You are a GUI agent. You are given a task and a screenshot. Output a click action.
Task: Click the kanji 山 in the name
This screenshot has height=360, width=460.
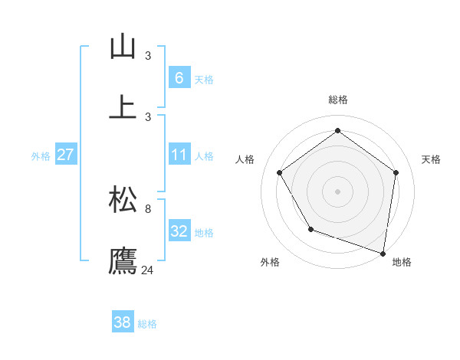(123, 47)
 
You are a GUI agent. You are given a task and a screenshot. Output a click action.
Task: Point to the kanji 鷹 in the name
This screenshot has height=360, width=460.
(123, 261)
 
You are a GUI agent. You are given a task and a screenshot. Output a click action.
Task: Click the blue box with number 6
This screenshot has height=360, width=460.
(179, 77)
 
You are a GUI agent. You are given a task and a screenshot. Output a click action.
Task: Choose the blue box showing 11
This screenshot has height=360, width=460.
(179, 155)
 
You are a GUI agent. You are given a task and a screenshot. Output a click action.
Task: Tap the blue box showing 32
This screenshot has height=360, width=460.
(179, 231)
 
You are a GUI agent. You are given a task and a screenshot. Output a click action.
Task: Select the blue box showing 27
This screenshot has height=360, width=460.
(66, 155)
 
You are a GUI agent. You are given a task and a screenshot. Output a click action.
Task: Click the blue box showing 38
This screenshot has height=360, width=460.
(123, 322)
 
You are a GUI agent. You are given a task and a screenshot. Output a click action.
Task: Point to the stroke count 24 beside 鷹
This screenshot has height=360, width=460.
(148, 270)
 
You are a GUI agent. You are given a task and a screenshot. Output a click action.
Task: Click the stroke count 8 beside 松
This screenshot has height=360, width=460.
(148, 208)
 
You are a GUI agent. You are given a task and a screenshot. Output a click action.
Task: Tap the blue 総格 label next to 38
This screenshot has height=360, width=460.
(147, 324)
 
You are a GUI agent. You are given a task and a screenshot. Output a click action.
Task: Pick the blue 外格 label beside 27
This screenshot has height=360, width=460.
(41, 155)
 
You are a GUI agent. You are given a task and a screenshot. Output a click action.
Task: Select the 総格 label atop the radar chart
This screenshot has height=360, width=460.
(337, 100)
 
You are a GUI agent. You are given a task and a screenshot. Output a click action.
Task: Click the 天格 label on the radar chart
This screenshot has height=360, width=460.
(431, 159)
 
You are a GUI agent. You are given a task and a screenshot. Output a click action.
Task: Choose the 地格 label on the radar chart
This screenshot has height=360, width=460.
(402, 262)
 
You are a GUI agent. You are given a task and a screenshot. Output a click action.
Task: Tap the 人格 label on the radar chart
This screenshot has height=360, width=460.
(245, 159)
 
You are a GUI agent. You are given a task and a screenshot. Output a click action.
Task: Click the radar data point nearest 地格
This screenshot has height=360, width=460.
(383, 252)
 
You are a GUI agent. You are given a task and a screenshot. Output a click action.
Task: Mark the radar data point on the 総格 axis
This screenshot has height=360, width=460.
(337, 131)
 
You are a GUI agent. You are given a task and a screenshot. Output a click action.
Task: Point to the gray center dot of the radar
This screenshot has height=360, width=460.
(337, 191)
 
